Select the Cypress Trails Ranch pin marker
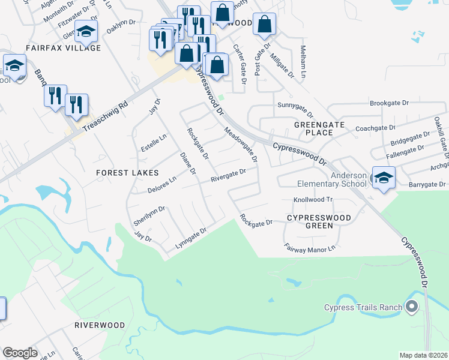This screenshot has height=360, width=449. click(x=411, y=308)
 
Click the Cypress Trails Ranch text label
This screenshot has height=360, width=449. click(x=363, y=308)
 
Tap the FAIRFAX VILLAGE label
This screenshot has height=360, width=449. click(x=63, y=47)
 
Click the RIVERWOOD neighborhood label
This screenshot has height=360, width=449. click(x=100, y=325)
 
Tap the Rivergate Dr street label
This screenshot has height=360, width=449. click(x=228, y=175)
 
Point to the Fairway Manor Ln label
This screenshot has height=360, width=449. click(x=309, y=246)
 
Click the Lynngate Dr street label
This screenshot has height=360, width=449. click(x=190, y=238)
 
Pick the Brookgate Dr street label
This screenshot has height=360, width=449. click(x=388, y=103)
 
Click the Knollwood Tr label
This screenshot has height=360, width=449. click(x=313, y=199)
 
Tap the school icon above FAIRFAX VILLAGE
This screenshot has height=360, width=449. click(x=86, y=33)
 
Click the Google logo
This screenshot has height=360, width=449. click(x=20, y=353)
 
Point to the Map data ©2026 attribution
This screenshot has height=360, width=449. click(x=423, y=355)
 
